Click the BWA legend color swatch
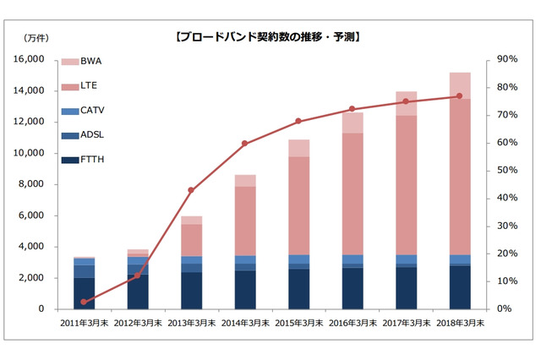click(x=70, y=62)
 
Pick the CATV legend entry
click(x=94, y=111)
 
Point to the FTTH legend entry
click(x=94, y=160)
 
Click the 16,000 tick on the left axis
click(x=30, y=59)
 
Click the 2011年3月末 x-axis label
click(x=84, y=324)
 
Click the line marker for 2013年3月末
click(x=191, y=190)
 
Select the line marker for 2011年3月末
click(x=84, y=302)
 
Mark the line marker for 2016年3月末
click(x=352, y=109)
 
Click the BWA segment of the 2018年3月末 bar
click(x=460, y=85)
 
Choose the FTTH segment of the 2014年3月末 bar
click(x=245, y=289)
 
